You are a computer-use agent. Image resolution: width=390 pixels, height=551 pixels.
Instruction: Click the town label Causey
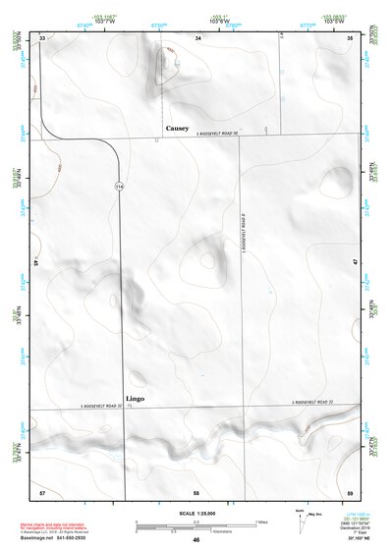(177, 128)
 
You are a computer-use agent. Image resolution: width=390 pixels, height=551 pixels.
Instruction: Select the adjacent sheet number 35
(352, 37)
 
